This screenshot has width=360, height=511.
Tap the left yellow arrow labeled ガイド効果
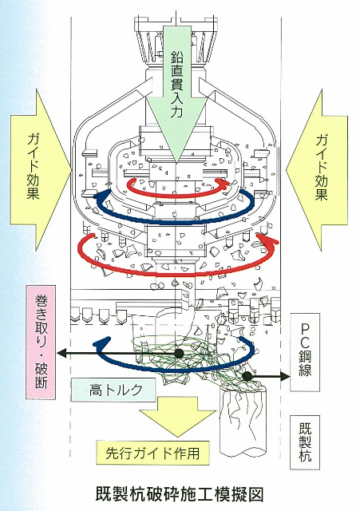click(39, 170)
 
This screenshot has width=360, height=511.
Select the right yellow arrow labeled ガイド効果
click(318, 170)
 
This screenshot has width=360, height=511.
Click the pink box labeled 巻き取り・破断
click(41, 343)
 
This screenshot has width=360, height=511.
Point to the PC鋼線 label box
click(305, 352)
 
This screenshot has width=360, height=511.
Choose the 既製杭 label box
click(305, 442)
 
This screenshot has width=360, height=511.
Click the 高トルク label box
click(113, 390)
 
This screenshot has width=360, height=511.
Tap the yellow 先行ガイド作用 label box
click(152, 453)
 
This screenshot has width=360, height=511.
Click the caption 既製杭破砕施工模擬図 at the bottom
click(180, 494)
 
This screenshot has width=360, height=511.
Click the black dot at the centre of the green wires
click(179, 353)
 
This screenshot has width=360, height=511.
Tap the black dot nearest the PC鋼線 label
click(247, 376)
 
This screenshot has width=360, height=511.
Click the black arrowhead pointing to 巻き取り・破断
click(62, 353)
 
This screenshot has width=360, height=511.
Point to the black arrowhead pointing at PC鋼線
click(285, 376)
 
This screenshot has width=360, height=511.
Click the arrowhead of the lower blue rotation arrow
click(101, 342)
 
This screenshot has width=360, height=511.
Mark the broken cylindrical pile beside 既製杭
click(243, 420)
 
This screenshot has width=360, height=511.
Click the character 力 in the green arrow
click(176, 112)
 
